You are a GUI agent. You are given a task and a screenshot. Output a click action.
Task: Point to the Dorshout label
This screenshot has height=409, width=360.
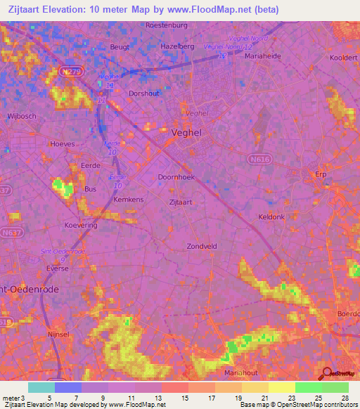click(144, 92)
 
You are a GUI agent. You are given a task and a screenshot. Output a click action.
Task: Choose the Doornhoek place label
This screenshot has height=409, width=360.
click(176, 178)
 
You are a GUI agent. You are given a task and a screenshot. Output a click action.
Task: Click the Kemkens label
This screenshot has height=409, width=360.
click(129, 200)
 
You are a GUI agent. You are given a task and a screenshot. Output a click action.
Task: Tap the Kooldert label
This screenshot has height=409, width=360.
click(344, 58)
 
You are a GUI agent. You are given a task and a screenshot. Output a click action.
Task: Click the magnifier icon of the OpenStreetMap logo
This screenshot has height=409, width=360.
click(328, 374)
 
